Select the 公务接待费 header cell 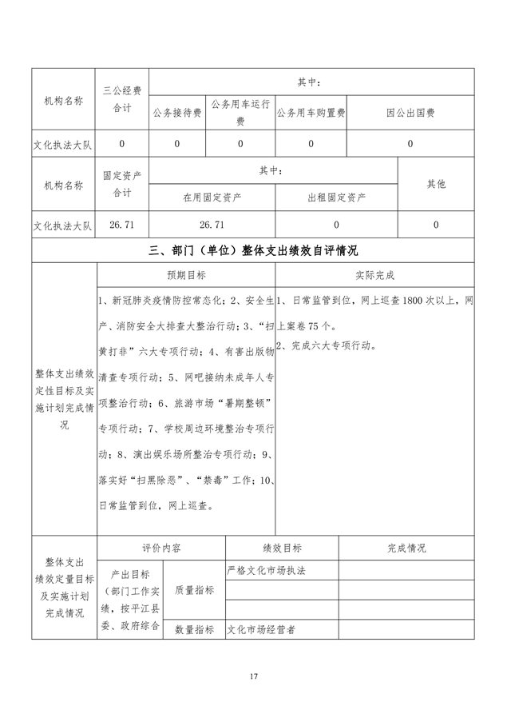pos(177,113)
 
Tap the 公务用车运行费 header pos(240,113)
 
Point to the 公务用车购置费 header pos(311,113)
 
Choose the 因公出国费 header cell pos(410,113)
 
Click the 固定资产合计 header pos(122,184)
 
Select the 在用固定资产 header pos(212,197)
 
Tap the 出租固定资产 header pos(336,197)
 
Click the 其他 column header pos(436,183)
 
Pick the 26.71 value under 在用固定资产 pos(212,225)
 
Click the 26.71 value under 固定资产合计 pos(122,225)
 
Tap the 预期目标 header pos(186,275)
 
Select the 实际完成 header pos(374,275)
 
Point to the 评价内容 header pos(160,548)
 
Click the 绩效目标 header pos(281,548)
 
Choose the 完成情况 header pos(406,548)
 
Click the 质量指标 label pos(194,590)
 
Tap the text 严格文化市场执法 pos(267,571)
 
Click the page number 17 pos(253,677)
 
